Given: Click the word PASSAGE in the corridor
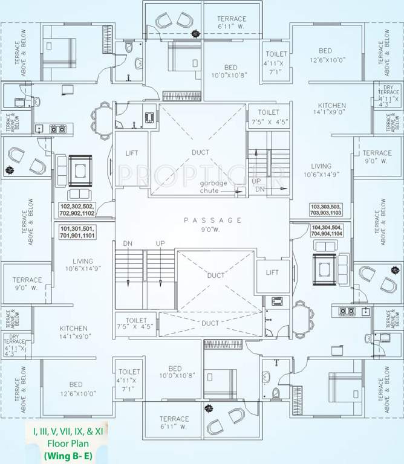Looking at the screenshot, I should [x=213, y=220].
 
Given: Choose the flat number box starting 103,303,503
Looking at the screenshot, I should [x=326, y=210].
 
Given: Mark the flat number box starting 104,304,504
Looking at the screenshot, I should [x=326, y=230].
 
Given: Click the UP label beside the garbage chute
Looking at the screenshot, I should [x=256, y=181].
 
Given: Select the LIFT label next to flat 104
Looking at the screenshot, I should [x=272, y=272].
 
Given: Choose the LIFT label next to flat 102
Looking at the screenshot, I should [x=132, y=153].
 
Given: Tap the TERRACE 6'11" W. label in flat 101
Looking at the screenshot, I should [x=174, y=422].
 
